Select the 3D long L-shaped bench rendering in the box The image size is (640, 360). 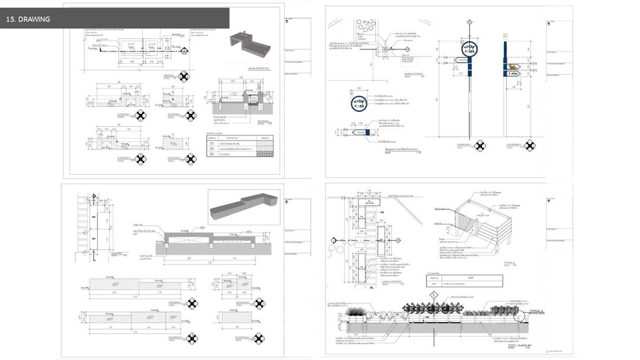coord(243,207)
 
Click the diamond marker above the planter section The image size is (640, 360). coord(433,294)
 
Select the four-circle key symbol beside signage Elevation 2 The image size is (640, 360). coord(531,146)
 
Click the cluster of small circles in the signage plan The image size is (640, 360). coord(365,27)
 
